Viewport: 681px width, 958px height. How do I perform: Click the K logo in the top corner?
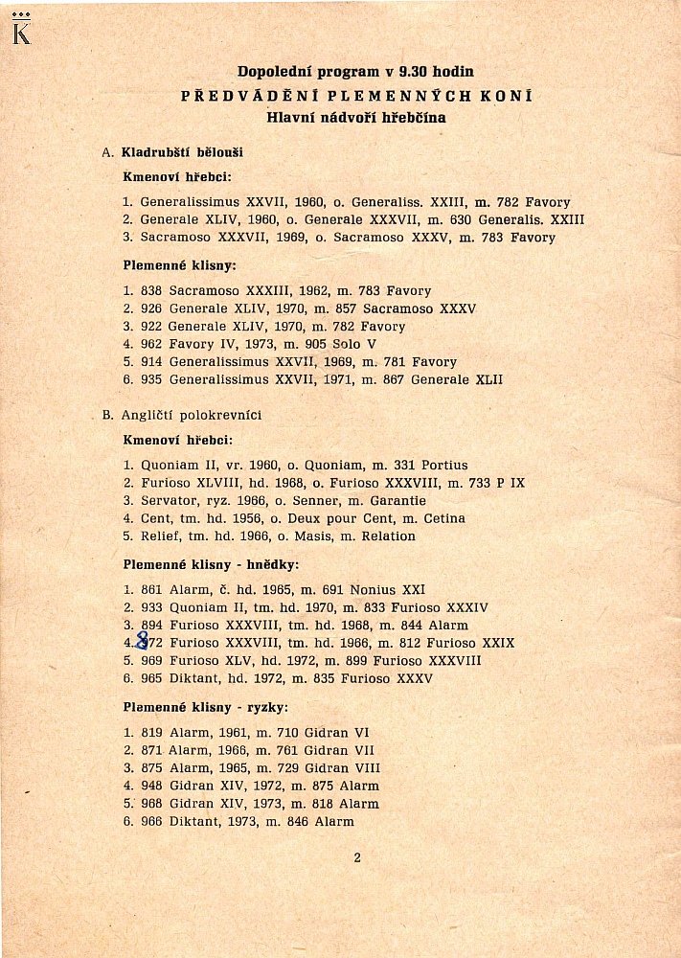point(21,31)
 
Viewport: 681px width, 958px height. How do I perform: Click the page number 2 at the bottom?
point(356,857)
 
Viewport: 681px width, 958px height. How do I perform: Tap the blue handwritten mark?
point(142,640)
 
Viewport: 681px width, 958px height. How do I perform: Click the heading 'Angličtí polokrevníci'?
point(192,415)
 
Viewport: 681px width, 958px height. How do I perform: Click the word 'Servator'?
point(169,501)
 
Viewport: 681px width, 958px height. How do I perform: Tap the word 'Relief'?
point(159,536)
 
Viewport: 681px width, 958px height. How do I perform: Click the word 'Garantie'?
point(396,501)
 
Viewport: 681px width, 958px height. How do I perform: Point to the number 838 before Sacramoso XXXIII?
point(152,291)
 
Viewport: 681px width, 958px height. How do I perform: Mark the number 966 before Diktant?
point(152,822)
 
